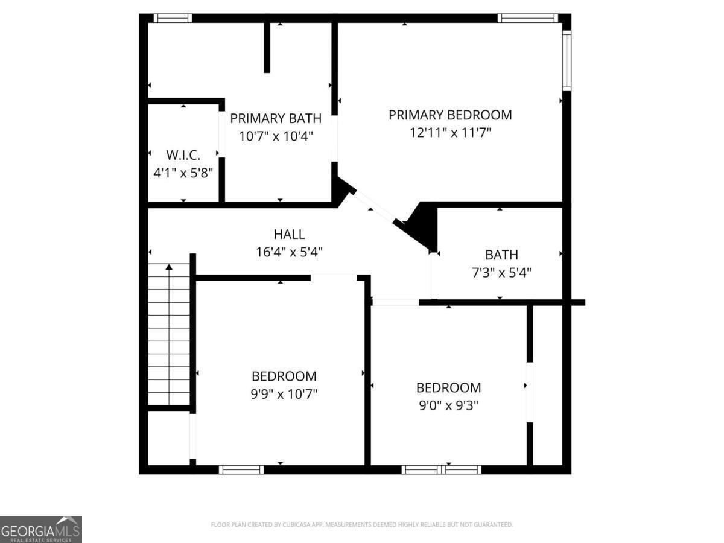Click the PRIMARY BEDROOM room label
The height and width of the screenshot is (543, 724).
(x=450, y=115)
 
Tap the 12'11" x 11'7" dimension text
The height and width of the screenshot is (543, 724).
(x=450, y=133)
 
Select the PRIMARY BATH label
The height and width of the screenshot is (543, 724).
(x=276, y=118)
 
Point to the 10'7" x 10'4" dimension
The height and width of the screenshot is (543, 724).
(x=276, y=136)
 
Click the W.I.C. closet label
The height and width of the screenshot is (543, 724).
(x=183, y=154)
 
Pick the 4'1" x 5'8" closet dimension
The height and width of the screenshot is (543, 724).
(x=183, y=173)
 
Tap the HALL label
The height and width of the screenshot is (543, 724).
(x=289, y=234)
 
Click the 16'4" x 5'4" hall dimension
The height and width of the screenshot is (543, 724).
(x=289, y=252)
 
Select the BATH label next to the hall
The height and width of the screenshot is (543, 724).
(x=501, y=255)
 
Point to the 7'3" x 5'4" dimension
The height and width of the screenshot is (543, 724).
(x=501, y=273)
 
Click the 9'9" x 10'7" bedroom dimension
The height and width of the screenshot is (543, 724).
(x=284, y=395)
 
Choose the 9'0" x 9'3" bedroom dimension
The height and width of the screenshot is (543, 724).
(x=448, y=405)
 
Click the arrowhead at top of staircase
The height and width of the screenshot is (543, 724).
(x=169, y=266)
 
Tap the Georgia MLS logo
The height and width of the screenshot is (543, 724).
(x=41, y=529)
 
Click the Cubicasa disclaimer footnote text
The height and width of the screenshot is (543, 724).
(x=362, y=525)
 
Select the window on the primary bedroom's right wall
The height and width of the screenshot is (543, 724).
(x=567, y=60)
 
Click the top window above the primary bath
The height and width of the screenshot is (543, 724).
(x=173, y=18)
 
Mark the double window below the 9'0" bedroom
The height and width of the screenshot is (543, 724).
(x=442, y=469)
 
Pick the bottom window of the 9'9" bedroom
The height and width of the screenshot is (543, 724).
(x=241, y=469)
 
